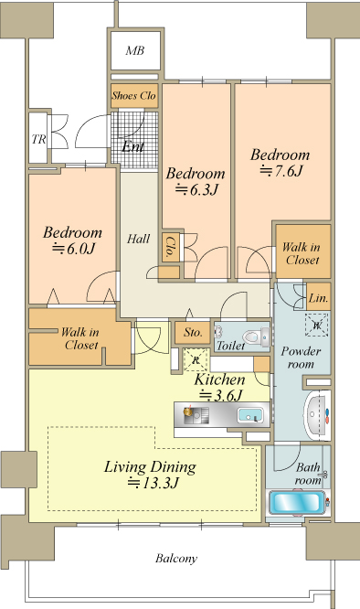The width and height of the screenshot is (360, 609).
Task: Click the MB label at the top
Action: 135,50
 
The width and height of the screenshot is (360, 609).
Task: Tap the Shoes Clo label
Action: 133,95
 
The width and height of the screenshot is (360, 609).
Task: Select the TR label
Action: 38,139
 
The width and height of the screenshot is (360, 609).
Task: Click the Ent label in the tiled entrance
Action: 133,146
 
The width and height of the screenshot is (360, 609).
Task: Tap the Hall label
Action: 139,239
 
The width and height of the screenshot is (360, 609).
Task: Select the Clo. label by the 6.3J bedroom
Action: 170,248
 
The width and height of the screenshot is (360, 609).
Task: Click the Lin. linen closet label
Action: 319,298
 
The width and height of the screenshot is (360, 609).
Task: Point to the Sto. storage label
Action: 193,333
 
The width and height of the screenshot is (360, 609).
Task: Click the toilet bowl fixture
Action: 256,336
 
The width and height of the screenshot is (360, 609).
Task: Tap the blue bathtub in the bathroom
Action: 297,502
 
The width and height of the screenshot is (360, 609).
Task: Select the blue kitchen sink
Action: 249,415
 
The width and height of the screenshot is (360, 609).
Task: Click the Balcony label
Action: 176,559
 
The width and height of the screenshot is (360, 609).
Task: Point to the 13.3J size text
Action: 154,483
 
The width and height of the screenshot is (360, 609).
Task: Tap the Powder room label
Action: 301,358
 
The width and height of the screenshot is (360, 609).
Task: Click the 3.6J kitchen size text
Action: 221,395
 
